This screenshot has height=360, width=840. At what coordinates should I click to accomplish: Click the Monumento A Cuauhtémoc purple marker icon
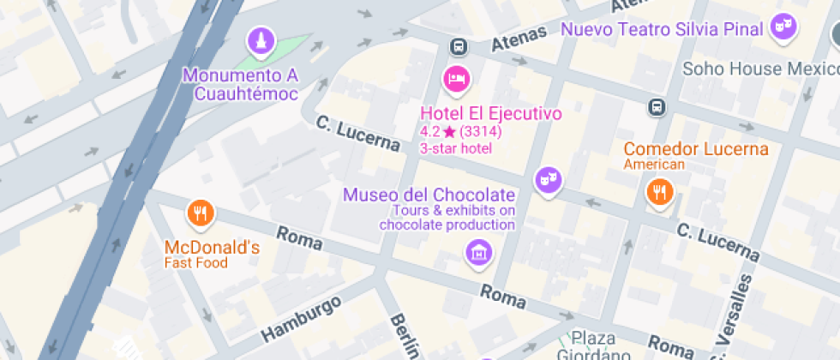[x=260, y=40]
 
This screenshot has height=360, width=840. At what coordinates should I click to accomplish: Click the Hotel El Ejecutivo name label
[x=490, y=113]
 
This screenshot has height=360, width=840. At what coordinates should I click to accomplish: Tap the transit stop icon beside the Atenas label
[x=459, y=46]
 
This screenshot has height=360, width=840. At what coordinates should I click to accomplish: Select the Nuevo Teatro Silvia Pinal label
[x=661, y=29]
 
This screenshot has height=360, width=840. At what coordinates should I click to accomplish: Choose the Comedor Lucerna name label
[x=695, y=149]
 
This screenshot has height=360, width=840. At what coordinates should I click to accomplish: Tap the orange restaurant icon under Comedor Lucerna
[x=659, y=192]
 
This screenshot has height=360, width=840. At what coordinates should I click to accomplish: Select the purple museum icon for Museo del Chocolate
[x=478, y=252]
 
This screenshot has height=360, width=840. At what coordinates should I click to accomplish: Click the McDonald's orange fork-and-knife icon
[x=201, y=212]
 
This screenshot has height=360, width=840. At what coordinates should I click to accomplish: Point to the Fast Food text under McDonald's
[x=196, y=263]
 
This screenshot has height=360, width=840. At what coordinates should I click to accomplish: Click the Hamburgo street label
[x=301, y=319]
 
